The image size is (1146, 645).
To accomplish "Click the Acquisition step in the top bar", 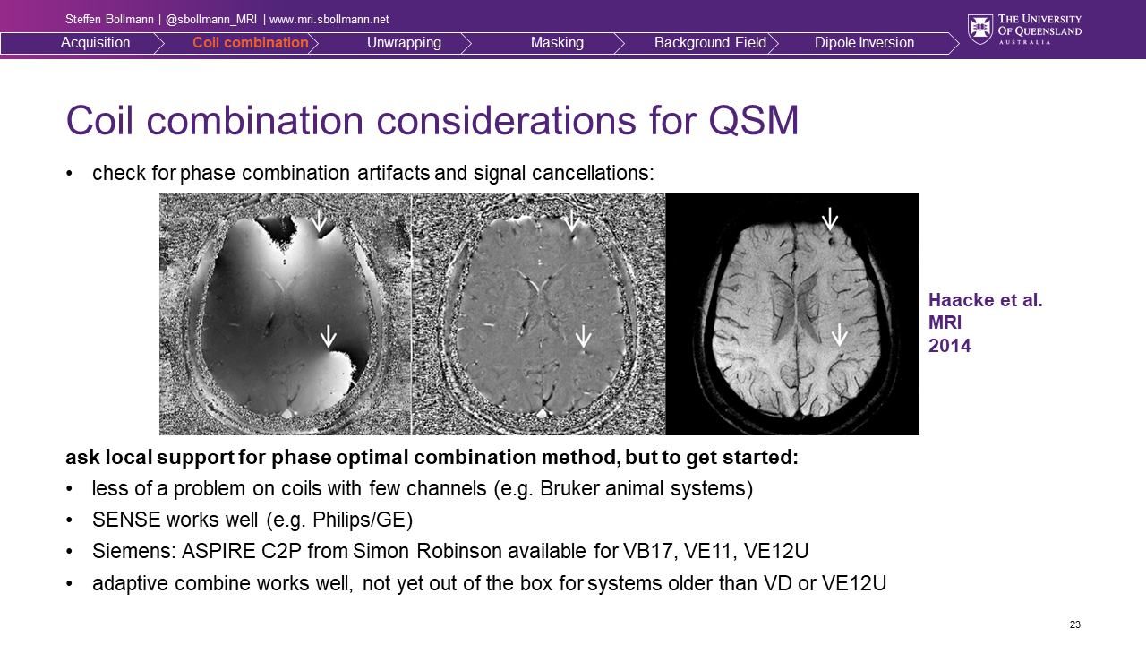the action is point(95,42).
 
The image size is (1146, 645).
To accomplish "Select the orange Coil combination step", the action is point(250,42).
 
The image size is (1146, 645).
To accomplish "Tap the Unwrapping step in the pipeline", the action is point(404,43).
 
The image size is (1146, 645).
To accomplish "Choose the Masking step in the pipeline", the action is point(557,43).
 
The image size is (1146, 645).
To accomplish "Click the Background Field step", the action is point(710,42).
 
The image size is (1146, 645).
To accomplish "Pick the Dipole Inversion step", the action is point(864,43).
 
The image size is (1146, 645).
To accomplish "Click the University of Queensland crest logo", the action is point(980,30).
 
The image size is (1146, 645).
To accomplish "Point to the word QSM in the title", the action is point(753,121).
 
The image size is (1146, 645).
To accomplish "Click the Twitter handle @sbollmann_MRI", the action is point(211,20).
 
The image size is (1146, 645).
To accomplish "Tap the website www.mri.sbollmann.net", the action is point(329,20).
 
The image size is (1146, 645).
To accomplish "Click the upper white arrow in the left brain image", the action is point(319,220).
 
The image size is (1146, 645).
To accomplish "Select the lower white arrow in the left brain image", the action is point(328,336).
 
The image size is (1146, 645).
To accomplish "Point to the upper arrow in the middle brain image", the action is point(571,220).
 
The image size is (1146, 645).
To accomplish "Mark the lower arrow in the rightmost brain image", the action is point(839,335).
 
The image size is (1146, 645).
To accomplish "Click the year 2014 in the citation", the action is point(950,346).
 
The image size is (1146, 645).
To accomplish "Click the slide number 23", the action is point(1075,624).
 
